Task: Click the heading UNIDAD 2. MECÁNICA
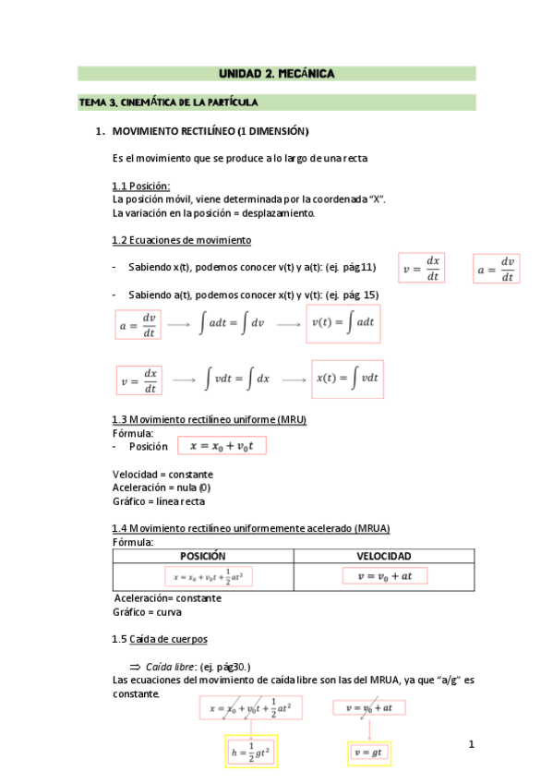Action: pos(276,73)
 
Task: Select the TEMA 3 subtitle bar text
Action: pos(168,102)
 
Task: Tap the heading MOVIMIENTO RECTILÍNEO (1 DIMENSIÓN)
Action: pos(210,131)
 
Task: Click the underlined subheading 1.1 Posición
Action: pos(141,186)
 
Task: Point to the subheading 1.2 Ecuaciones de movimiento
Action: pos(181,240)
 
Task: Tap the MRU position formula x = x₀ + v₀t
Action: pos(227,446)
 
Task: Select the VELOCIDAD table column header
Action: pos(384,556)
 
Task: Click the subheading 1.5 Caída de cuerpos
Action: pos(159,639)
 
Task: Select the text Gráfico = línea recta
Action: pos(158,501)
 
